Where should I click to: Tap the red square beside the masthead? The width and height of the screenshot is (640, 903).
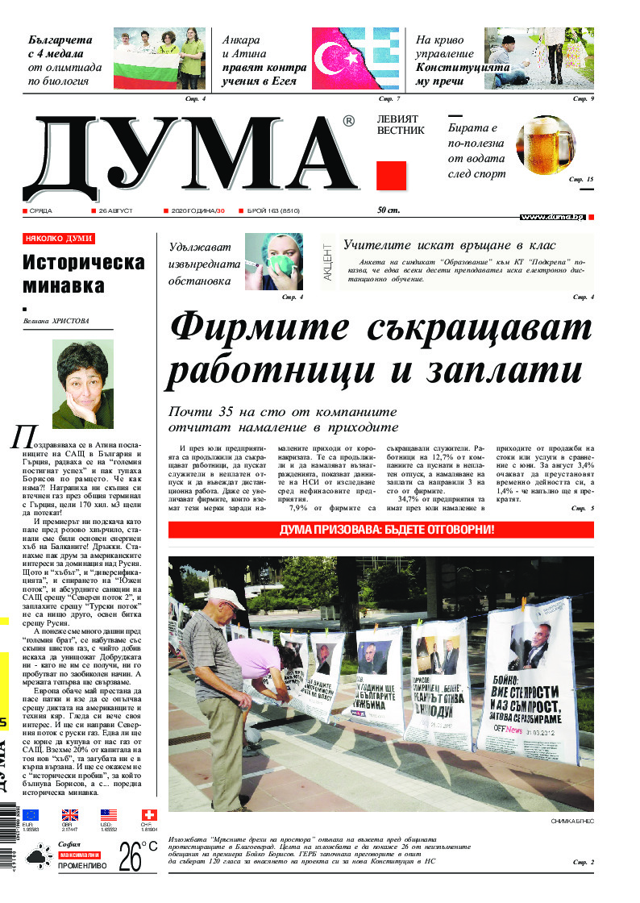tap(391, 177)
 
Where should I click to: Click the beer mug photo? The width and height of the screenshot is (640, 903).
tap(546, 147)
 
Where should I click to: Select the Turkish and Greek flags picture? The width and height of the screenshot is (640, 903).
tap(355, 59)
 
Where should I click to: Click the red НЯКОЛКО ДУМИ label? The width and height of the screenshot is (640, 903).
tap(59, 239)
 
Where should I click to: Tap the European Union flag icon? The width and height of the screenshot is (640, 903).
tap(31, 815)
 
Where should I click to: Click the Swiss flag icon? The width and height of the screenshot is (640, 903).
tap(148, 815)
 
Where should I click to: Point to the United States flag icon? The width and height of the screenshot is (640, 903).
tap(109, 815)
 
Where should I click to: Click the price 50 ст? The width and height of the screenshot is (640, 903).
tap(389, 211)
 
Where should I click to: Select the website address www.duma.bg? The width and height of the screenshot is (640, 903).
tap(552, 217)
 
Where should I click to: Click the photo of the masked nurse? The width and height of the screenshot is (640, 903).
tap(273, 262)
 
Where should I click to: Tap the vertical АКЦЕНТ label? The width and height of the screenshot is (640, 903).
tap(327, 261)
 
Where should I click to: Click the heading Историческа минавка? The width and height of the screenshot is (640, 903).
tap(84, 274)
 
